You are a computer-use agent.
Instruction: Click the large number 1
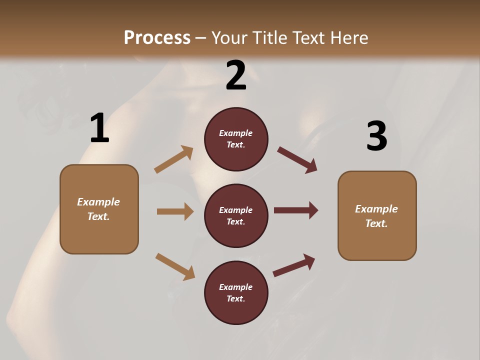pyautogui.click(x=99, y=128)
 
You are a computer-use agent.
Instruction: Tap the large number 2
pyautogui.click(x=236, y=75)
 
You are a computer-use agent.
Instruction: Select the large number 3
pyautogui.click(x=376, y=136)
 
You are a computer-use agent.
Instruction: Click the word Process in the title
pyautogui.click(x=157, y=37)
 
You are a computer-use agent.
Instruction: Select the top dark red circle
pyautogui.click(x=236, y=139)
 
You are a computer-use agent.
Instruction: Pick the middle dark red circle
pyautogui.click(x=236, y=216)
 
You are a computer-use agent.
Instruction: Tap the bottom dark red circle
pyautogui.click(x=236, y=293)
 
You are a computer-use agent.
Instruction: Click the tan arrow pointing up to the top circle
pyautogui.click(x=174, y=159)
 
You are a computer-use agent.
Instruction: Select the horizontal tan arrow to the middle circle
pyautogui.click(x=175, y=211)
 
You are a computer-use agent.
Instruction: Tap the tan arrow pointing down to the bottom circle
pyautogui.click(x=175, y=266)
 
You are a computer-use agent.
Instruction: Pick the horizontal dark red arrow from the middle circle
pyautogui.click(x=296, y=210)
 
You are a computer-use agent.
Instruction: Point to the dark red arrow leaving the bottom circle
pyautogui.click(x=294, y=265)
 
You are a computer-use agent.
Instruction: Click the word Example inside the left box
pyautogui.click(x=98, y=202)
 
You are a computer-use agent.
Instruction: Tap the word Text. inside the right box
pyautogui.click(x=376, y=223)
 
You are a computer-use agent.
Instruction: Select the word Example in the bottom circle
pyautogui.click(x=236, y=287)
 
